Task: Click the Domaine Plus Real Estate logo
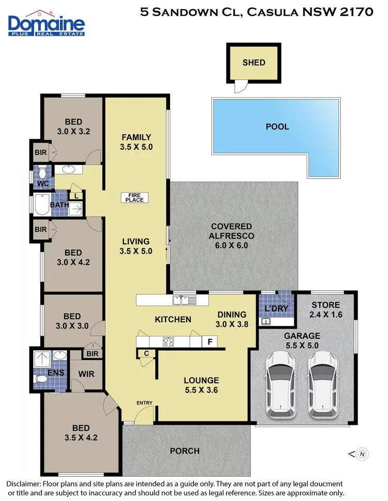tap(47, 23)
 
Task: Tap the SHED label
tap(253, 62)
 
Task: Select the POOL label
tap(277, 127)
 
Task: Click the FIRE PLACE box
tap(135, 197)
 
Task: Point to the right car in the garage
tap(323, 385)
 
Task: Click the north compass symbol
tap(363, 454)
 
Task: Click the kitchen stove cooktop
tap(169, 341)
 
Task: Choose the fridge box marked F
tap(210, 341)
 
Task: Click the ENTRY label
tap(144, 403)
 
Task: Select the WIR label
tap(86, 373)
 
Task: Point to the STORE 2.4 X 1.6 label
tap(325, 310)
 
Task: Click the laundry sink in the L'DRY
tap(267, 322)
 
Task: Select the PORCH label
tap(185, 451)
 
